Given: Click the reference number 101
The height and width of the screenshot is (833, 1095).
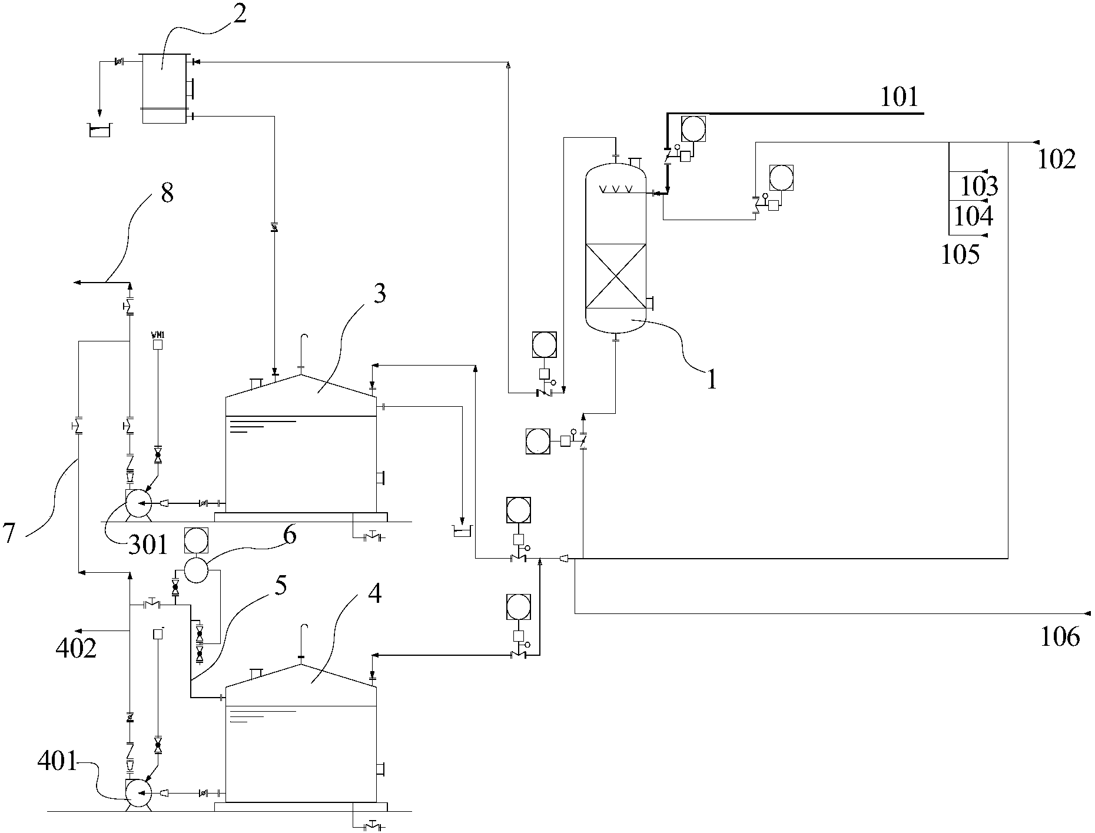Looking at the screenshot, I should [899, 97].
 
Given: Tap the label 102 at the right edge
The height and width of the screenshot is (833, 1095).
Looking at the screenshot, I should [1056, 160].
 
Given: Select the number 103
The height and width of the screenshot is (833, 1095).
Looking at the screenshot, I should [979, 187].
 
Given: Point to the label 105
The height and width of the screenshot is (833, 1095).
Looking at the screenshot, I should [960, 255].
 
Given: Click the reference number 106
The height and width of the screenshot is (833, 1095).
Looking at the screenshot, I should [1060, 637].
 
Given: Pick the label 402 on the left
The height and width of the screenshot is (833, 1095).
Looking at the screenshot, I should [76, 649].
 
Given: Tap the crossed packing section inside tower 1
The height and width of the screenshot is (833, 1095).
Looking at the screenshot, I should [615, 276].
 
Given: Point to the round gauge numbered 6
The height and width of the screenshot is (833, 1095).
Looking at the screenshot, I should [196, 570].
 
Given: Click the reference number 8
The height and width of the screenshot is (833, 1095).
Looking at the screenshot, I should [167, 193].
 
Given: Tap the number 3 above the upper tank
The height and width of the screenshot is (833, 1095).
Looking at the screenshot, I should [380, 293].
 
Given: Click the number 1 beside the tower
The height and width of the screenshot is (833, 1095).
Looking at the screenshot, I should [712, 380].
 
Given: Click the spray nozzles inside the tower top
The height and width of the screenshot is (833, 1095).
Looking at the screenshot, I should [615, 190].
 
